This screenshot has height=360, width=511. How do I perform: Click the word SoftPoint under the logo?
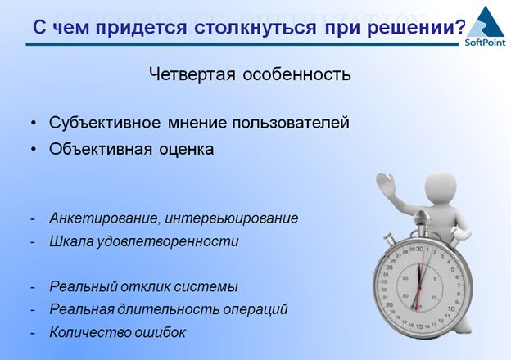click(486, 43)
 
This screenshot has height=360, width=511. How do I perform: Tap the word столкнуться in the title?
click(255, 27)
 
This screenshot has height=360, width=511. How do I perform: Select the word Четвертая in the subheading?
click(192, 74)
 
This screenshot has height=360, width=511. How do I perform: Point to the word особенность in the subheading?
click(297, 74)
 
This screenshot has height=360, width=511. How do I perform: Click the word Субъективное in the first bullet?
click(105, 123)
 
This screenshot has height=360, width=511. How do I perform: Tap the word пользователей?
click(291, 123)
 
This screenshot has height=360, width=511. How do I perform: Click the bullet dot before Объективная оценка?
click(34, 149)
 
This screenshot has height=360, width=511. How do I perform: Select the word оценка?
click(187, 150)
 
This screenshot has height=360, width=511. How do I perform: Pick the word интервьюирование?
click(232, 218)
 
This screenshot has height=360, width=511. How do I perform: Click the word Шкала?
click(71, 241)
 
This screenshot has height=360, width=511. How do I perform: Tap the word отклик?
click(146, 286)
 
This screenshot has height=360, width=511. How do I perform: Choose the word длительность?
click(169, 309)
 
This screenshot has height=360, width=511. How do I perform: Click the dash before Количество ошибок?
click(33, 333)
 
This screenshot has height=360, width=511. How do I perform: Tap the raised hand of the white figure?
click(386, 183)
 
